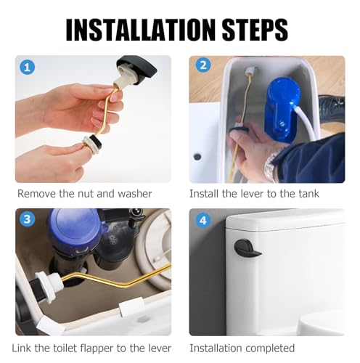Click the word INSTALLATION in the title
click(x=140, y=30)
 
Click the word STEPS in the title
click(x=255, y=30)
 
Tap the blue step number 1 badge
click(x=27, y=67)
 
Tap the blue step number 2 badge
click(x=203, y=65)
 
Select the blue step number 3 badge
click(x=27, y=219)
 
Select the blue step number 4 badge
click(x=203, y=220)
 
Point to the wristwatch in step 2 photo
click(x=271, y=165)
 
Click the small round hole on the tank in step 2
click(x=197, y=156)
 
